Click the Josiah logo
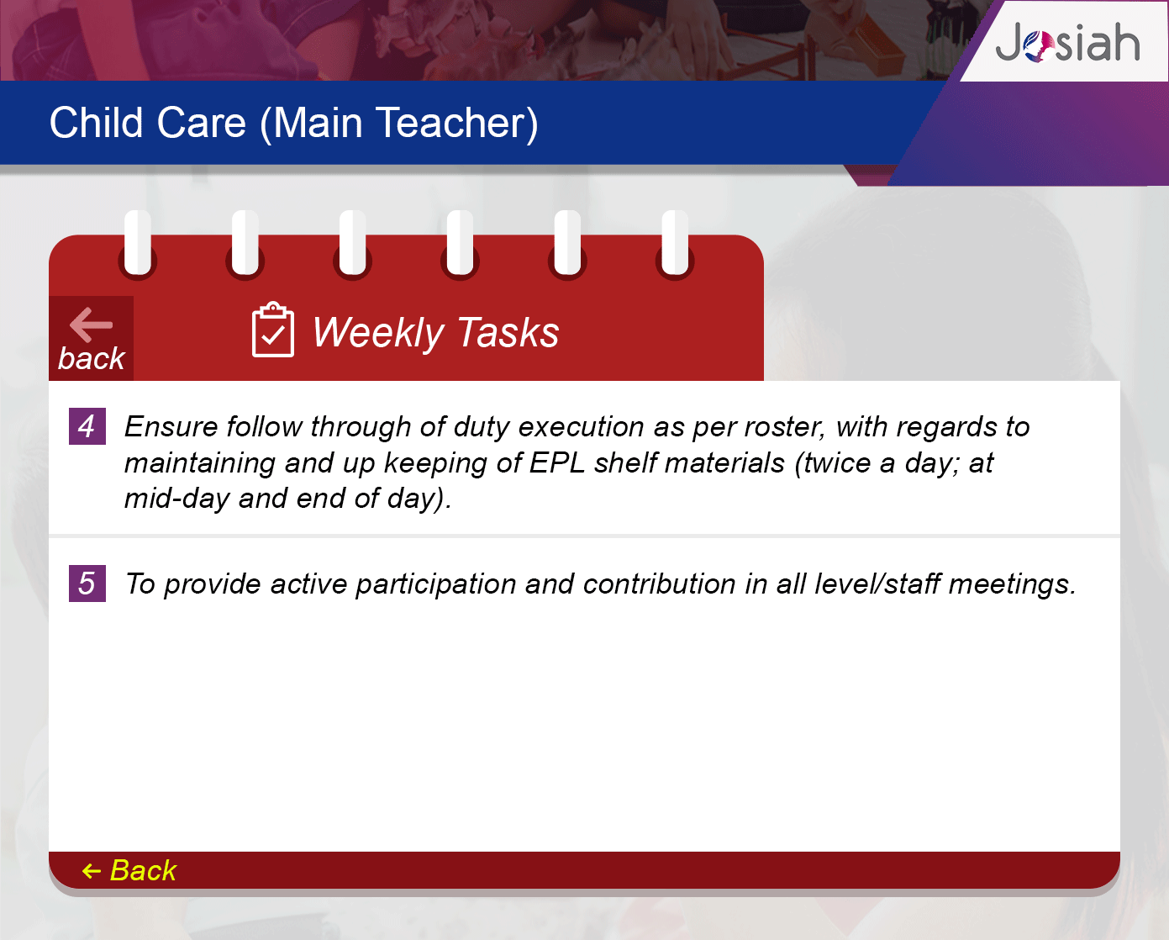point(1067,42)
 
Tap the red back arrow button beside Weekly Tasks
point(92,338)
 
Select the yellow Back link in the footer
point(129,870)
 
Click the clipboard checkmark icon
point(272,330)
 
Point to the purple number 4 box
point(87,426)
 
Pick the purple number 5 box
point(87,584)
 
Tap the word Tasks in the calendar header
point(508,332)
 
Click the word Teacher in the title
point(456,123)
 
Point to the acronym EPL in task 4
point(557,462)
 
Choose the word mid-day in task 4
point(177,499)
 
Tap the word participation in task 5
point(435,585)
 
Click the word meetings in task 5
point(1012,585)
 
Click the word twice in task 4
point(837,463)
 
